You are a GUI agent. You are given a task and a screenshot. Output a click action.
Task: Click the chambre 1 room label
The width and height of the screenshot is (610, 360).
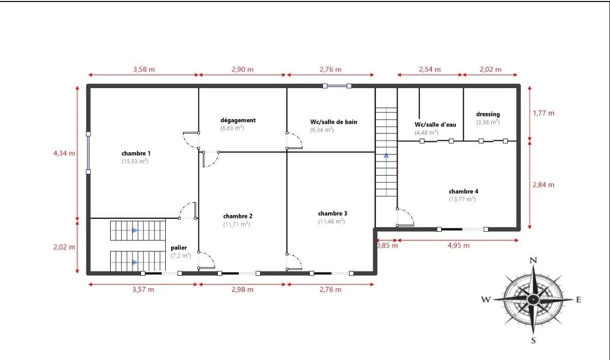point(136,153)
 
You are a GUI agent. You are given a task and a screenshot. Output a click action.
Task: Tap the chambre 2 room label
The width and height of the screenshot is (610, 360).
point(237,216)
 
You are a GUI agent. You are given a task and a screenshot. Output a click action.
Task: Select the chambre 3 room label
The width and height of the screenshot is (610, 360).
point(332,213)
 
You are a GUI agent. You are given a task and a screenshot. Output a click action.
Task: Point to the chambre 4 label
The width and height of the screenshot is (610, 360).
point(463,191)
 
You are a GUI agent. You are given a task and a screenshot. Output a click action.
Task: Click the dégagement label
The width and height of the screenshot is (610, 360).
point(238,120)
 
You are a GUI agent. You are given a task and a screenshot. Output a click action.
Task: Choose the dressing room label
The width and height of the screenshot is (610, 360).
point(488,114)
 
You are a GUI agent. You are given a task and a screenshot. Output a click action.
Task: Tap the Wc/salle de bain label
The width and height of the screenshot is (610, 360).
point(334,122)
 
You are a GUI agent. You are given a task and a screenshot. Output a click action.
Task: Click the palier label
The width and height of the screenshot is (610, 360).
point(179,248)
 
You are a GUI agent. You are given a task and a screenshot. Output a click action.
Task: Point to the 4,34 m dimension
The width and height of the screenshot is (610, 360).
point(65,153)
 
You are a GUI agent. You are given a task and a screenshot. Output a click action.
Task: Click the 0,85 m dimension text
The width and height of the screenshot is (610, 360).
point(387,245)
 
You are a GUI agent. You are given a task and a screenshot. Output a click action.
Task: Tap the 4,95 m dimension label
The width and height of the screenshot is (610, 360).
point(459,245)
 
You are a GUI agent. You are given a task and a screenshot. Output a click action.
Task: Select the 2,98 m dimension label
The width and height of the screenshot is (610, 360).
point(242,289)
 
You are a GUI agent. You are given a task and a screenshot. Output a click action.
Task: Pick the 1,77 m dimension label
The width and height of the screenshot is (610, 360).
point(543,113)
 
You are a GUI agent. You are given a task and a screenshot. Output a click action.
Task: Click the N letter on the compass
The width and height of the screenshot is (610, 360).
point(533,260)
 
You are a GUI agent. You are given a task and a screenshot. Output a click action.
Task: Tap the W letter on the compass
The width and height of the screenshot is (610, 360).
point(485,300)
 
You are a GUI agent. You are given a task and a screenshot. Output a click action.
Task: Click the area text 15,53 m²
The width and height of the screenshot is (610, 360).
point(135,162)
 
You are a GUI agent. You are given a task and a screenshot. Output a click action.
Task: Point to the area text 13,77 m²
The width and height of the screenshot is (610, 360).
point(462,199)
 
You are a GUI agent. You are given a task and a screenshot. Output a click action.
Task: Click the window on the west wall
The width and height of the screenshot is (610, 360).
point(89,153)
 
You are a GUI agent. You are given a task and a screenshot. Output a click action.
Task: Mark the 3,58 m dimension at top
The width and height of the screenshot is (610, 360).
point(144,70)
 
